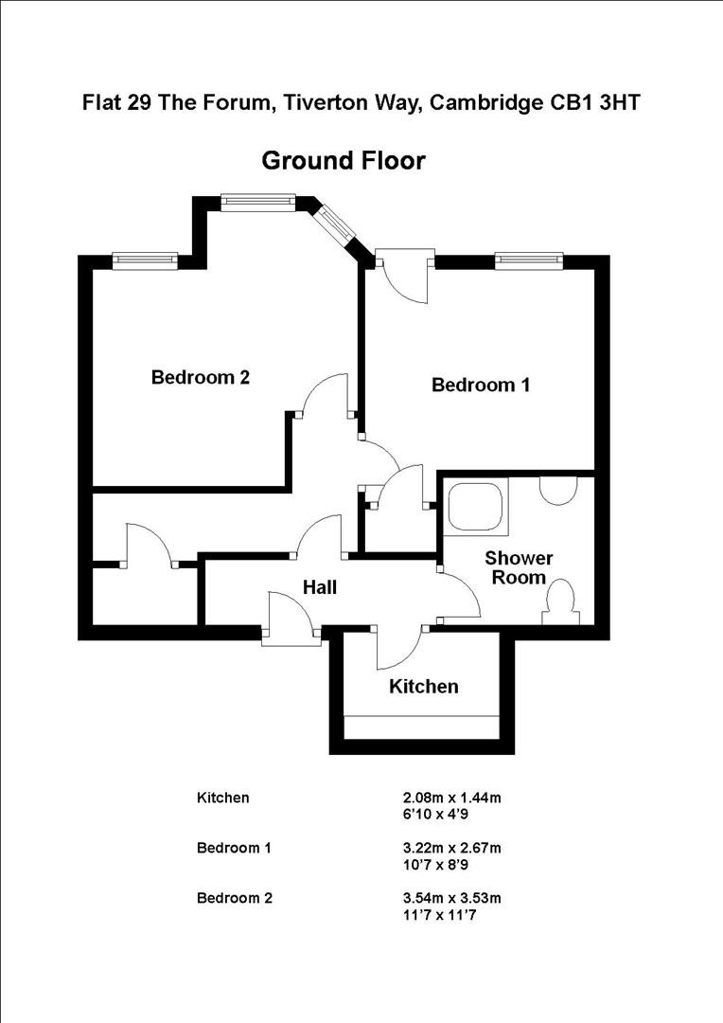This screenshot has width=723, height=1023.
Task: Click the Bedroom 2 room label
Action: pyautogui.click(x=201, y=378)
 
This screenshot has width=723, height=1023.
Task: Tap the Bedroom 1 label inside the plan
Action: pyautogui.click(x=481, y=386)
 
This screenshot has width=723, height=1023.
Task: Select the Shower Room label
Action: pyautogui.click(x=519, y=567)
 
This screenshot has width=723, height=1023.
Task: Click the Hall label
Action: pyautogui.click(x=320, y=587)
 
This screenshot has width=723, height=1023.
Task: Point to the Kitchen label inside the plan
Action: pyautogui.click(x=424, y=686)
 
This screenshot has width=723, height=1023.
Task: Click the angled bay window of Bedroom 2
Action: pyautogui.click(x=332, y=224)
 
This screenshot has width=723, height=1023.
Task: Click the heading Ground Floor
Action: pyautogui.click(x=344, y=161)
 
